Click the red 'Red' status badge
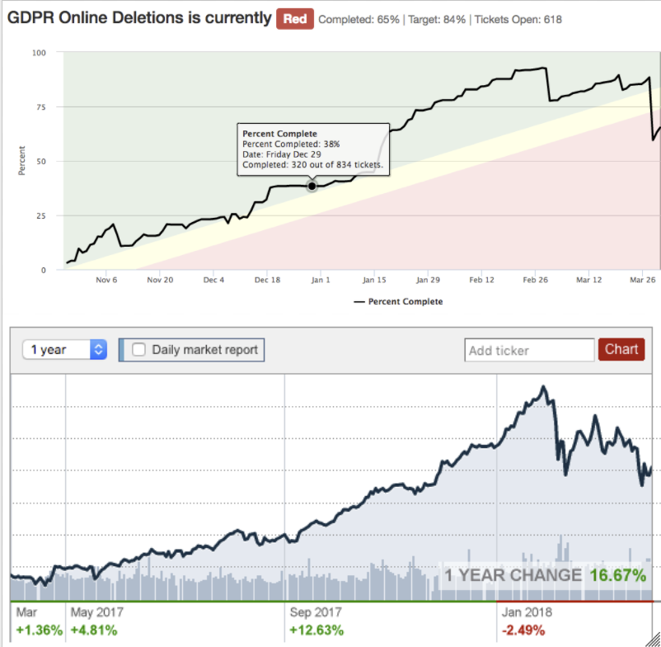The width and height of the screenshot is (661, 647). [x=295, y=18]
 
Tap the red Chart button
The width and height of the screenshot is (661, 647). [x=621, y=349]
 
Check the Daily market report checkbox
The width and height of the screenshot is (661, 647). [x=139, y=350]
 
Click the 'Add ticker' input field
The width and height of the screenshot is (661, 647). [x=529, y=350]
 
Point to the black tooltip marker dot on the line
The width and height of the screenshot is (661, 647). [x=312, y=187]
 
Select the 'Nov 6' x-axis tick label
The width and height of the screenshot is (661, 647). [x=107, y=280]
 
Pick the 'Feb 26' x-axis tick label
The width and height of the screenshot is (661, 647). [x=535, y=280]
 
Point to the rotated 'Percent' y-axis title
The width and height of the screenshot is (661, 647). [x=22, y=161]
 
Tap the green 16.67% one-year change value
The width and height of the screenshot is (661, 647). [x=617, y=575]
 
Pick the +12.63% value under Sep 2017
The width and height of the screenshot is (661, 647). [x=316, y=630]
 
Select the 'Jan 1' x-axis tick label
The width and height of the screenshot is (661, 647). [x=321, y=280]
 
